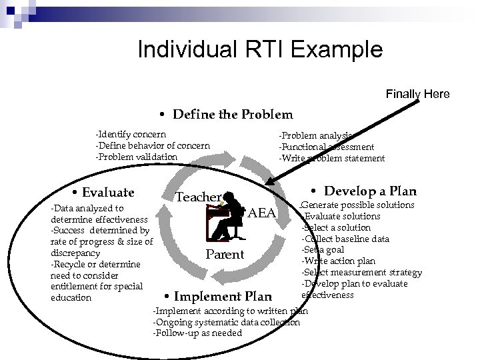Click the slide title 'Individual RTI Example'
(x=259, y=50)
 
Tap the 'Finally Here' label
(x=417, y=94)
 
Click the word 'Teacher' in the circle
(x=198, y=197)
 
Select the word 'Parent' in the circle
(x=225, y=255)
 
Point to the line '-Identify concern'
(x=131, y=135)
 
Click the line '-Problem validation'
(x=137, y=157)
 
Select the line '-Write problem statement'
(x=331, y=158)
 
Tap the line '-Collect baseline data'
(x=345, y=239)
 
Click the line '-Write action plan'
(x=338, y=261)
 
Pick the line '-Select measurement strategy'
(x=361, y=272)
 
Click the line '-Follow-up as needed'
(x=197, y=333)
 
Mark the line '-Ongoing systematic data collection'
(x=227, y=322)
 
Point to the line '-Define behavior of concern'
(x=153, y=145)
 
